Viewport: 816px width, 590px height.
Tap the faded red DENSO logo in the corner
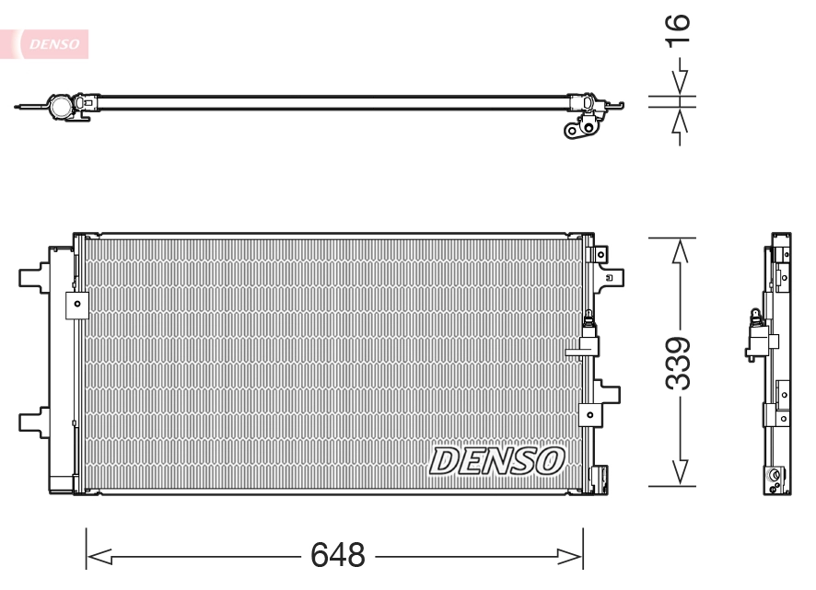pyautogui.click(x=55, y=42)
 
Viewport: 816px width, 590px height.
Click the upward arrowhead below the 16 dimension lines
pyautogui.click(x=680, y=122)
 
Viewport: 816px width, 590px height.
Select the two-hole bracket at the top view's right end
pyautogui.click(x=579, y=131)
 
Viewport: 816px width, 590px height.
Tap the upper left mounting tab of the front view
pyautogui.click(x=35, y=275)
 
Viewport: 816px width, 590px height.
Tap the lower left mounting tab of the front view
pyautogui.click(x=35, y=420)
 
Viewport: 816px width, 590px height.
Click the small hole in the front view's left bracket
pyautogui.click(x=77, y=303)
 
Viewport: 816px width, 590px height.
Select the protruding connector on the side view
pyautogui.click(x=754, y=341)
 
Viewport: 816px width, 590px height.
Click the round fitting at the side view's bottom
pyautogui.click(x=775, y=476)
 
